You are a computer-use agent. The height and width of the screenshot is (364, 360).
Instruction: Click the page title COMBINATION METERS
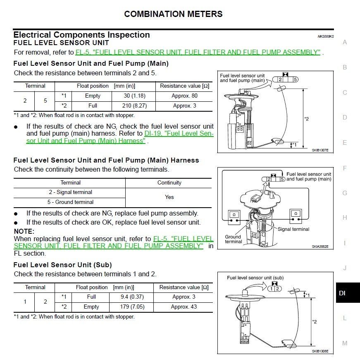click(x=173, y=14)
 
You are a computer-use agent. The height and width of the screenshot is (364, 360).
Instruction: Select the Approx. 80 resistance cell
click(x=184, y=96)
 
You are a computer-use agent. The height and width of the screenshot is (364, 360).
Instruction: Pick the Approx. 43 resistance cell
click(x=184, y=307)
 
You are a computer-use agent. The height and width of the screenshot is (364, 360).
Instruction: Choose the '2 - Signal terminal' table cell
click(x=70, y=192)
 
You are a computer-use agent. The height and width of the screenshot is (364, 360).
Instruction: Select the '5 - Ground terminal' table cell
click(x=70, y=202)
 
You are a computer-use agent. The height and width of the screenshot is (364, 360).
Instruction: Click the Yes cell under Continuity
click(x=169, y=197)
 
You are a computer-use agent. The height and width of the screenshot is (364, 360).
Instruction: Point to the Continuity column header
click(x=169, y=183)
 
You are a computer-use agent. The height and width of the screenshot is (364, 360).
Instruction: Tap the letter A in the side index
click(x=345, y=42)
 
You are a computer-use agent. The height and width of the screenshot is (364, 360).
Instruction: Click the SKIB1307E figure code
click(x=320, y=150)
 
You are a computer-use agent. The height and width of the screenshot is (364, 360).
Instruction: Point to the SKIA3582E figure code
click(x=320, y=247)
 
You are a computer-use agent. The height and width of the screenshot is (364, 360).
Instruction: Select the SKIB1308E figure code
click(x=320, y=351)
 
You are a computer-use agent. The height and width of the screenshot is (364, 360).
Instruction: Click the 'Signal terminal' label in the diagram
click(x=293, y=229)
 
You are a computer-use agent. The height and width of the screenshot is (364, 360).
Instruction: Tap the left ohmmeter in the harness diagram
click(x=234, y=215)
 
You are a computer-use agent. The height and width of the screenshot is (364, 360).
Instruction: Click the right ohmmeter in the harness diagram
click(x=295, y=214)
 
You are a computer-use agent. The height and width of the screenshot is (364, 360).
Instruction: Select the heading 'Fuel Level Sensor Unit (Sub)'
click(x=62, y=265)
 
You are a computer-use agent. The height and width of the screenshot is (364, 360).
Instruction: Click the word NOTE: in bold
click(x=24, y=232)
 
